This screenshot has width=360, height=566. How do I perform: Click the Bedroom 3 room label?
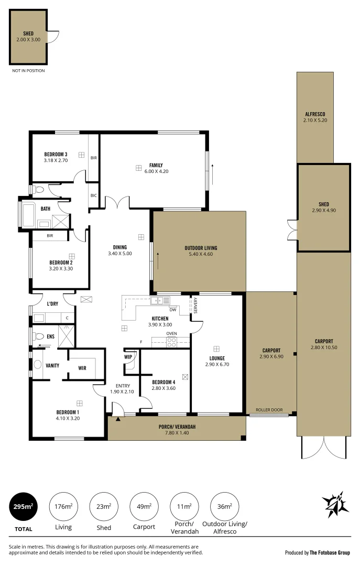pyautogui.click(x=56, y=154)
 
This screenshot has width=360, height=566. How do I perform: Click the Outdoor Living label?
pyautogui.click(x=200, y=248)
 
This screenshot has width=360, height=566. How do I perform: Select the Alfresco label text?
pyautogui.click(x=315, y=114)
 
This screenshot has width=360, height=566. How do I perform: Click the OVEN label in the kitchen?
pyautogui.click(x=171, y=334)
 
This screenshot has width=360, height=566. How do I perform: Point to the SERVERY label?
pyautogui.click(x=195, y=306)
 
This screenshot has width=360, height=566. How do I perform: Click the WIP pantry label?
pyautogui.click(x=128, y=356)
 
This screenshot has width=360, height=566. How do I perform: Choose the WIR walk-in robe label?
pyautogui.click(x=82, y=368)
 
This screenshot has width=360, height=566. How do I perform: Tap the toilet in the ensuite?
pyautogui.click(x=38, y=336)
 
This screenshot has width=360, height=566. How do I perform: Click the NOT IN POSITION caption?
pyautogui.click(x=28, y=70)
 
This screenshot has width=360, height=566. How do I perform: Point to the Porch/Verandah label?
pyautogui.click(x=177, y=427)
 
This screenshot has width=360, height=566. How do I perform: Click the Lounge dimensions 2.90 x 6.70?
pyautogui.click(x=216, y=364)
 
